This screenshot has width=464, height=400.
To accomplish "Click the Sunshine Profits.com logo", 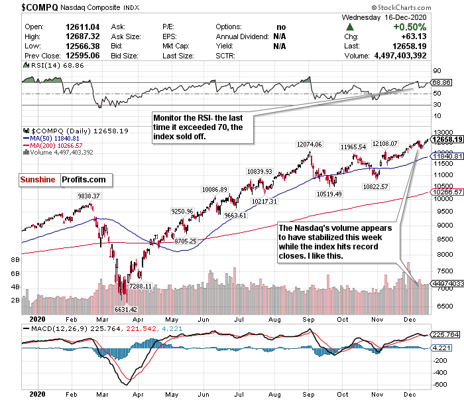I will pos(62,179).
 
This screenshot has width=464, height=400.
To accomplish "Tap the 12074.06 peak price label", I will pos(308,144).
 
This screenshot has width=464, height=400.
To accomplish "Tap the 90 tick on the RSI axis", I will pos(437,70).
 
